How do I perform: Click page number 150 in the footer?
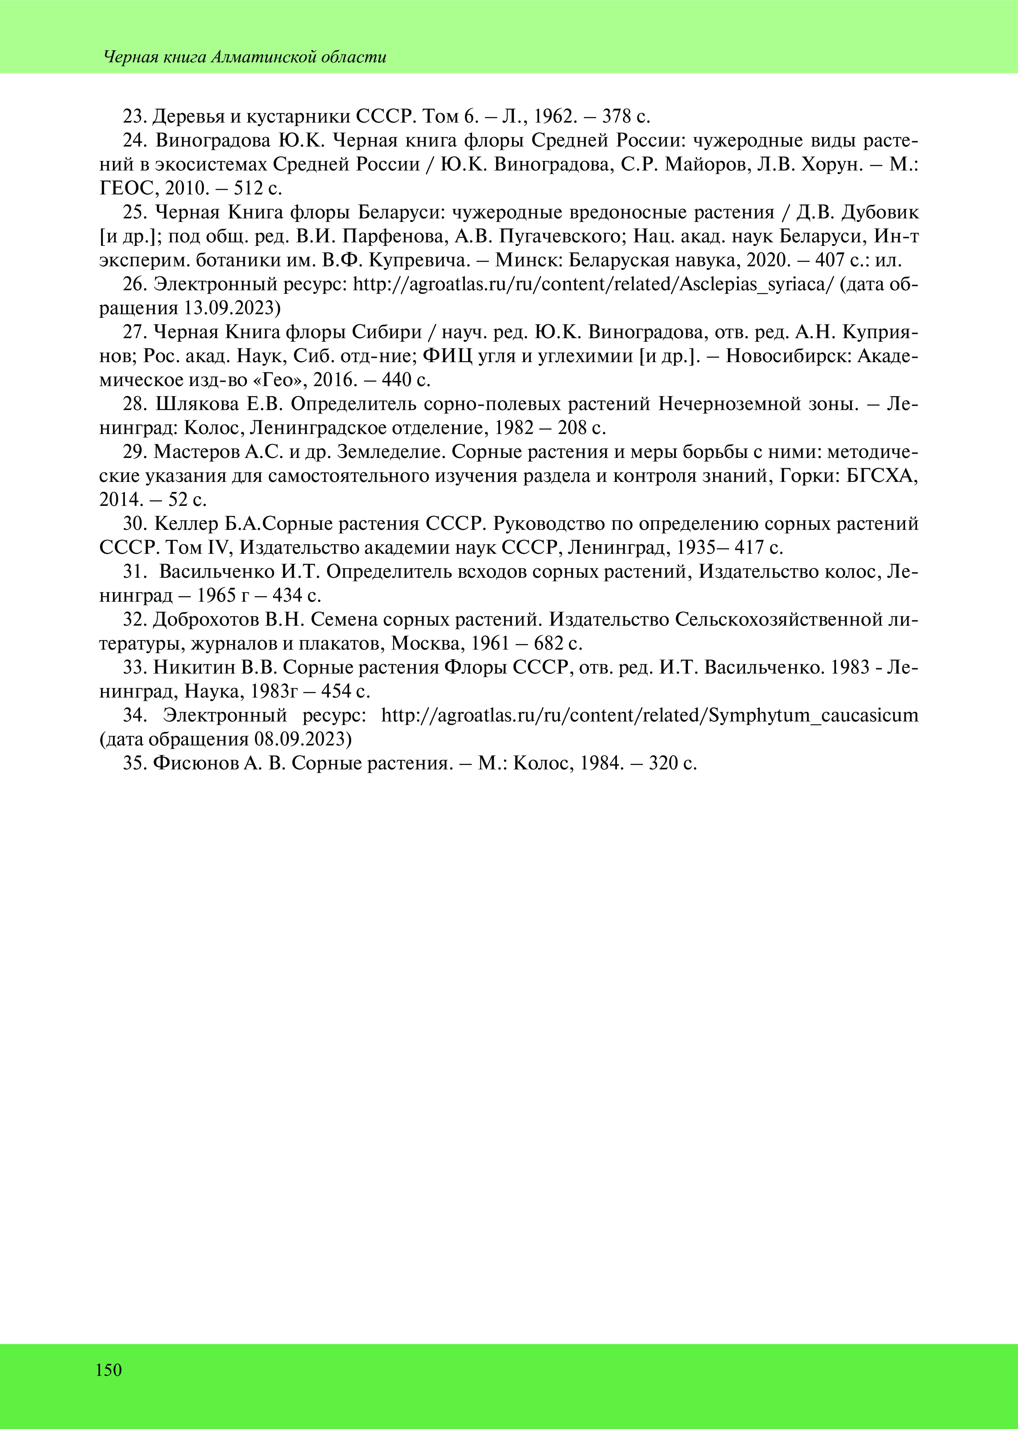pyautogui.click(x=109, y=1370)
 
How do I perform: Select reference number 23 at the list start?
pyautogui.click(x=134, y=117)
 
